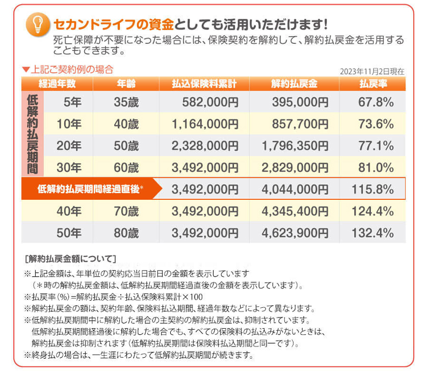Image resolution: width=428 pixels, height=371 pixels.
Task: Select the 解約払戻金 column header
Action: (x=295, y=84)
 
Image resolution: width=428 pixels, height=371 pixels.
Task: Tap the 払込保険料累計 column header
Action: (x=204, y=84)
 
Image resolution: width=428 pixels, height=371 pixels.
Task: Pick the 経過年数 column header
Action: (x=57, y=84)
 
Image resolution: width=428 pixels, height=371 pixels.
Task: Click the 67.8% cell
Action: (x=376, y=102)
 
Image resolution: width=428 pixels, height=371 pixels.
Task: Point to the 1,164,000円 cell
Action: (x=205, y=124)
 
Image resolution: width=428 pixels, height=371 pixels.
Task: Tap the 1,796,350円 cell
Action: (x=295, y=146)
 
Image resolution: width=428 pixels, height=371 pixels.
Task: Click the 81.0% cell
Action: (x=376, y=167)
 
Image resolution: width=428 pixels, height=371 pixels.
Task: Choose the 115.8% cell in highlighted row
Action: (x=372, y=189)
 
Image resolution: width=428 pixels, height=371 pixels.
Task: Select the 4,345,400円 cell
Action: (x=295, y=211)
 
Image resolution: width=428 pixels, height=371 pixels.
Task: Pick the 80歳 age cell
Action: (x=126, y=233)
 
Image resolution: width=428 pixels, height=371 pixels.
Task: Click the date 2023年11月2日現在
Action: (x=372, y=72)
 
